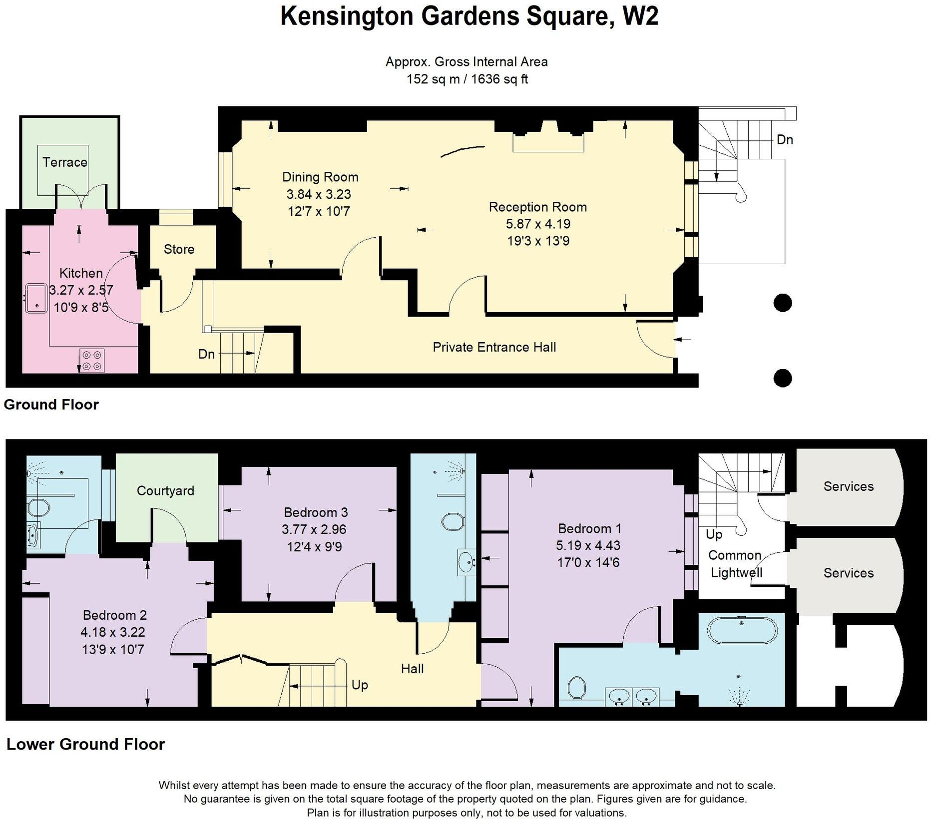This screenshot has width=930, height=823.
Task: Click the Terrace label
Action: (64, 162)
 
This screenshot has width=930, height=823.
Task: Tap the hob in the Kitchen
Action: (92, 361)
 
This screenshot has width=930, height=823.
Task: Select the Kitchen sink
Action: (36, 298)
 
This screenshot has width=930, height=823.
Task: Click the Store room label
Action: (179, 249)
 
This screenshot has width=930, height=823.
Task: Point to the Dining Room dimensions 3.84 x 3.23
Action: (319, 194)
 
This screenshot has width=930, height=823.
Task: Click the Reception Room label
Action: (537, 207)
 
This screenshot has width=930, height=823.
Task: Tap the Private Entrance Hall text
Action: (494, 347)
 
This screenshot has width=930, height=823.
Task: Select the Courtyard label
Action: (165, 490)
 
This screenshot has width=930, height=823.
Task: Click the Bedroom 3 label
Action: (316, 512)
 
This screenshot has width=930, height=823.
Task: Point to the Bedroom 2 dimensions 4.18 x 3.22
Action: (113, 632)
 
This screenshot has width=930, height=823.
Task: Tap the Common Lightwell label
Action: (735, 564)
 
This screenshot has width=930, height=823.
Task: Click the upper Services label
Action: (848, 486)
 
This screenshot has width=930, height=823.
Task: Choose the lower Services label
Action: (848, 573)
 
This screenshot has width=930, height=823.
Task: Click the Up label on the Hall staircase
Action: (360, 685)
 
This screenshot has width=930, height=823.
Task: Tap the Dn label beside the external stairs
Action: (785, 140)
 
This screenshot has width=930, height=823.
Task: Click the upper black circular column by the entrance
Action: (782, 303)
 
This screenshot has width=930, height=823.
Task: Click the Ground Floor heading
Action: (51, 405)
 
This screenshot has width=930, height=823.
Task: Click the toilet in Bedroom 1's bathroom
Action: (576, 688)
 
